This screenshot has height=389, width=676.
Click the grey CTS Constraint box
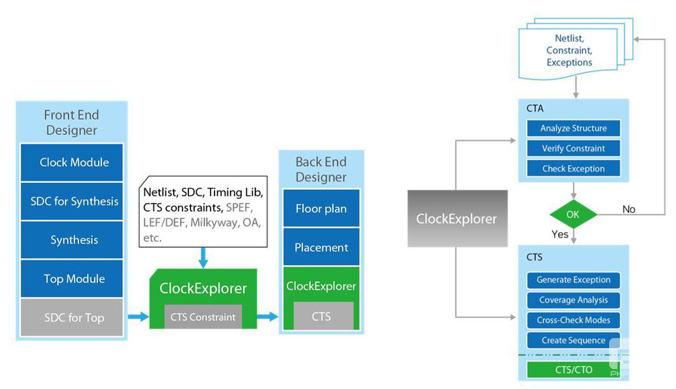(203, 317)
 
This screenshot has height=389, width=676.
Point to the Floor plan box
(321, 208)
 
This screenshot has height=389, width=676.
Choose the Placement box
(321, 247)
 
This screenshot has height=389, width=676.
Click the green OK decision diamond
(573, 214)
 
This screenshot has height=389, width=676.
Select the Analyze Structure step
(573, 128)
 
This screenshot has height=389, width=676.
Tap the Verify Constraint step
(573, 148)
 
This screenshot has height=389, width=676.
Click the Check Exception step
(573, 168)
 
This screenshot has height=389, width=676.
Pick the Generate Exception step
(573, 280)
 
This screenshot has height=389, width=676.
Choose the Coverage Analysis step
(573, 300)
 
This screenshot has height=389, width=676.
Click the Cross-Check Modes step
(573, 320)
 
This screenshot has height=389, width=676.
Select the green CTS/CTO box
(573, 369)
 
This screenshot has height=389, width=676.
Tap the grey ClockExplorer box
(458, 219)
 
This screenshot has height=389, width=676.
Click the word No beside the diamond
(629, 209)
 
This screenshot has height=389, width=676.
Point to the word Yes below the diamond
(560, 234)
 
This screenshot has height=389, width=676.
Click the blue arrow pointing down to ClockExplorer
(203, 258)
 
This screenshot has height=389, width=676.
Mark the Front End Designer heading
(71, 122)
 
